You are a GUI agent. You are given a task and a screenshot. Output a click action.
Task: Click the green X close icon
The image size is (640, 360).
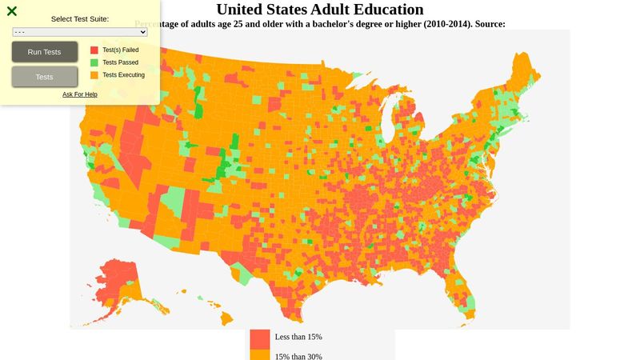12,11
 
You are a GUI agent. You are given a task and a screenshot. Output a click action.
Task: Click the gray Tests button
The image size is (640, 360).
45,77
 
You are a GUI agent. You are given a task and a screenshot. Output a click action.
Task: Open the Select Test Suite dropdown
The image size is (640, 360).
80,32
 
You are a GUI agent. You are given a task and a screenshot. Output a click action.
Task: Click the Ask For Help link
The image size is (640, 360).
80,94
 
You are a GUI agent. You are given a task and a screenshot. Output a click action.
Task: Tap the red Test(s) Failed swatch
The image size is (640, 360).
94,50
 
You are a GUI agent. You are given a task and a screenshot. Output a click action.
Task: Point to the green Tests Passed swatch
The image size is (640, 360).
94,62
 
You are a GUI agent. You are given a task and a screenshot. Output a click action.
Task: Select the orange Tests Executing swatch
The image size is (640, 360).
94,75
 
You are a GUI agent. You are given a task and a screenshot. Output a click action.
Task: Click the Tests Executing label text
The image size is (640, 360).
123,75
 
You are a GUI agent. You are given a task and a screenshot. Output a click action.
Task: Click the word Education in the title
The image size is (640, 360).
383,10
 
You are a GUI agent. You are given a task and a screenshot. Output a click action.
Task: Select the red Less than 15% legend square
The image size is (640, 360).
260,338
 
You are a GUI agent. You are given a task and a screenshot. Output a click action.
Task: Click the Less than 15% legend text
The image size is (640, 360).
298,337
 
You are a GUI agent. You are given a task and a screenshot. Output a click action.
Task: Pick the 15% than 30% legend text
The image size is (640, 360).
298,357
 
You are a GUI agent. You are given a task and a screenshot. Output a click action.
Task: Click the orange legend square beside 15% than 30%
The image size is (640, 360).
260,355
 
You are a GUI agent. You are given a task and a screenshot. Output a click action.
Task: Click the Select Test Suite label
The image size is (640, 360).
80,18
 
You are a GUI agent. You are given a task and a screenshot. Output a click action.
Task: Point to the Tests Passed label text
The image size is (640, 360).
120,62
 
